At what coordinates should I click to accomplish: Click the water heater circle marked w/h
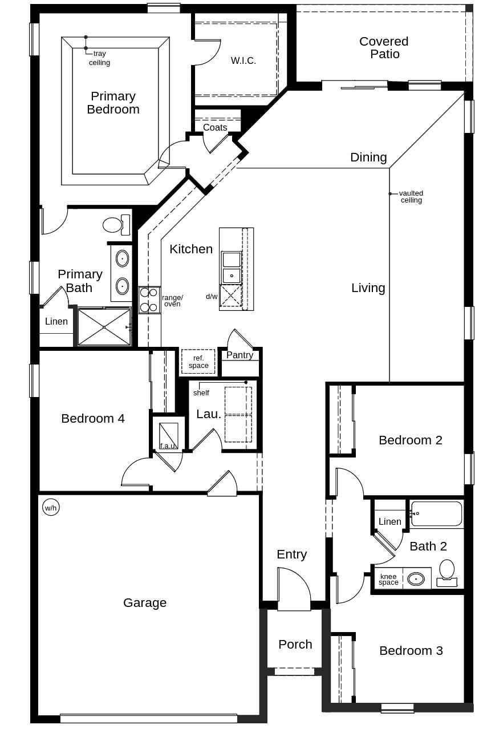[51, 507]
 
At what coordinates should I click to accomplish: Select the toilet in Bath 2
[447, 573]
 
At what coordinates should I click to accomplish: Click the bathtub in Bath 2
[436, 514]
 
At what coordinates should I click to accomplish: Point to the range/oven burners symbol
[149, 300]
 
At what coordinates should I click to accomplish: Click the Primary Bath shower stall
[104, 327]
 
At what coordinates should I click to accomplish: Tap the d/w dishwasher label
[212, 297]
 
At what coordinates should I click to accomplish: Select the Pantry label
[239, 355]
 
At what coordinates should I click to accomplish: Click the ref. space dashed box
[198, 362]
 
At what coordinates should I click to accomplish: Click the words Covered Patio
[384, 48]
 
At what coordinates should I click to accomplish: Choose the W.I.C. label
[243, 60]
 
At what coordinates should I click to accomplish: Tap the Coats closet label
[215, 127]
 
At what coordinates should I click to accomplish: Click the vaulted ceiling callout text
[411, 197]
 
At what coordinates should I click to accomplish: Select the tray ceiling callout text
[99, 58]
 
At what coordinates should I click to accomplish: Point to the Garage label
[145, 602]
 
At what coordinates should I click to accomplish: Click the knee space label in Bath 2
[388, 580]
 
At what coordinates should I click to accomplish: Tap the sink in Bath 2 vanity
[416, 579]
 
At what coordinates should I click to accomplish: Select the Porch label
[295, 644]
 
